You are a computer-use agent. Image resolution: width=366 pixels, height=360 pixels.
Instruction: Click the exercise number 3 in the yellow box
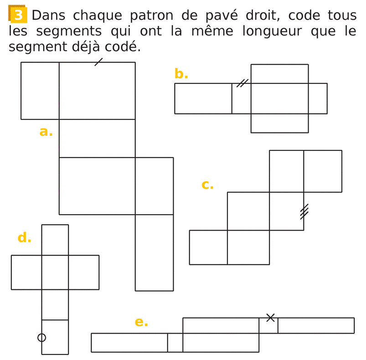point(18,15)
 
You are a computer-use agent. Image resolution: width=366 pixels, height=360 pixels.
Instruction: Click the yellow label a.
point(46,132)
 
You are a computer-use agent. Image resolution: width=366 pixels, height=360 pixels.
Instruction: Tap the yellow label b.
point(181,73)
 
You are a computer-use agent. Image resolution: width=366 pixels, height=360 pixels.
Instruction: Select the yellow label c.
point(207,185)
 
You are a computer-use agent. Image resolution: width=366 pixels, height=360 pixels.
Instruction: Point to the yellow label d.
point(24,237)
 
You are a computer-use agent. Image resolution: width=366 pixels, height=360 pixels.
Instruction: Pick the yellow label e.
point(141,322)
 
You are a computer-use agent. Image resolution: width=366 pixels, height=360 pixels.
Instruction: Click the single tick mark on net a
point(98,62)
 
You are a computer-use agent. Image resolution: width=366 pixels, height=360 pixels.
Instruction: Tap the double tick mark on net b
point(242,83)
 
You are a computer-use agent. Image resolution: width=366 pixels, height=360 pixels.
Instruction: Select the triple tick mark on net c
point(304,211)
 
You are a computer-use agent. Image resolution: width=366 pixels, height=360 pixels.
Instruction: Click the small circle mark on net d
point(42,338)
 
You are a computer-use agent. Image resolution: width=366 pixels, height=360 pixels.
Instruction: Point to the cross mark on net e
point(270,318)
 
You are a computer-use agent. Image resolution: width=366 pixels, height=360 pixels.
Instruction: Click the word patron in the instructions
point(151,16)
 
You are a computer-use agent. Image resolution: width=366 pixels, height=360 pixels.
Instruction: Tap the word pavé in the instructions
point(221,16)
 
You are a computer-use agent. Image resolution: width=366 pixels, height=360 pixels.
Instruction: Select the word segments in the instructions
point(69,31)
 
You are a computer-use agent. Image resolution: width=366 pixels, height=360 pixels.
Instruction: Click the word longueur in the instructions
point(272,31)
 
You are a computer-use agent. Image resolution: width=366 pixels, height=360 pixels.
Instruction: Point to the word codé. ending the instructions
point(123,46)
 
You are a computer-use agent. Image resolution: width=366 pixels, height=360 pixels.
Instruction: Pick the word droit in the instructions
point(263,15)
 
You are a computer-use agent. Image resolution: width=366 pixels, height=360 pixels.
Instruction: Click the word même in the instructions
point(212,31)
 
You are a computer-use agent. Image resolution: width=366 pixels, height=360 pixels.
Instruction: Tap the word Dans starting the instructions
point(48,15)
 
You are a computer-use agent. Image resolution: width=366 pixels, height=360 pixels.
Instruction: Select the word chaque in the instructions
point(98,16)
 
